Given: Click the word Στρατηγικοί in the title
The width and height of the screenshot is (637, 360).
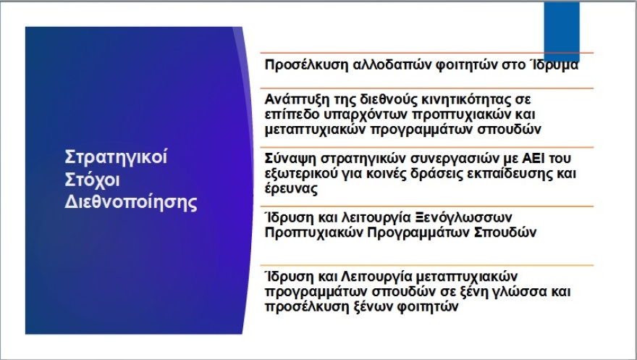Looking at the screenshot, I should coord(116,157).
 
